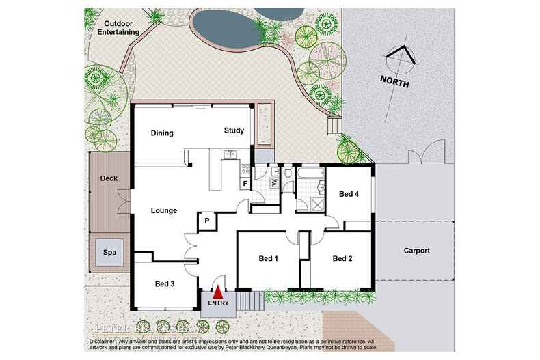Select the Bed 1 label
268,259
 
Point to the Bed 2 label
342,259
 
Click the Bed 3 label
165,283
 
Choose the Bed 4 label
349,194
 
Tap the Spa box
109,252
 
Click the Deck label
109,178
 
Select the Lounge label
164,210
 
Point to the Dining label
162,133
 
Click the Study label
234,130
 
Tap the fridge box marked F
244,184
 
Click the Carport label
416,251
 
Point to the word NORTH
394,83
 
